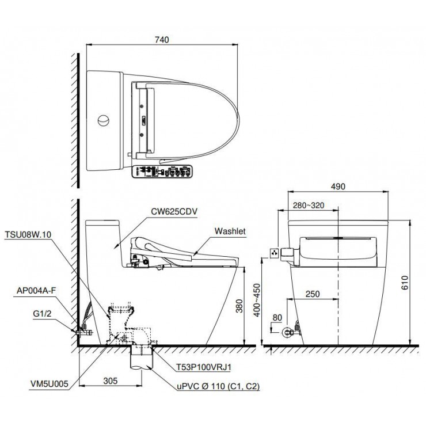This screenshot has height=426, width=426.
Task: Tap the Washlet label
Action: pyautogui.click(x=230, y=231)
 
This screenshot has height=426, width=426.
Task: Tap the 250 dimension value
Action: pyautogui.click(x=313, y=294)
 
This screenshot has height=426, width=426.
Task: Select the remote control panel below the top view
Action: pyautogui.click(x=163, y=171)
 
